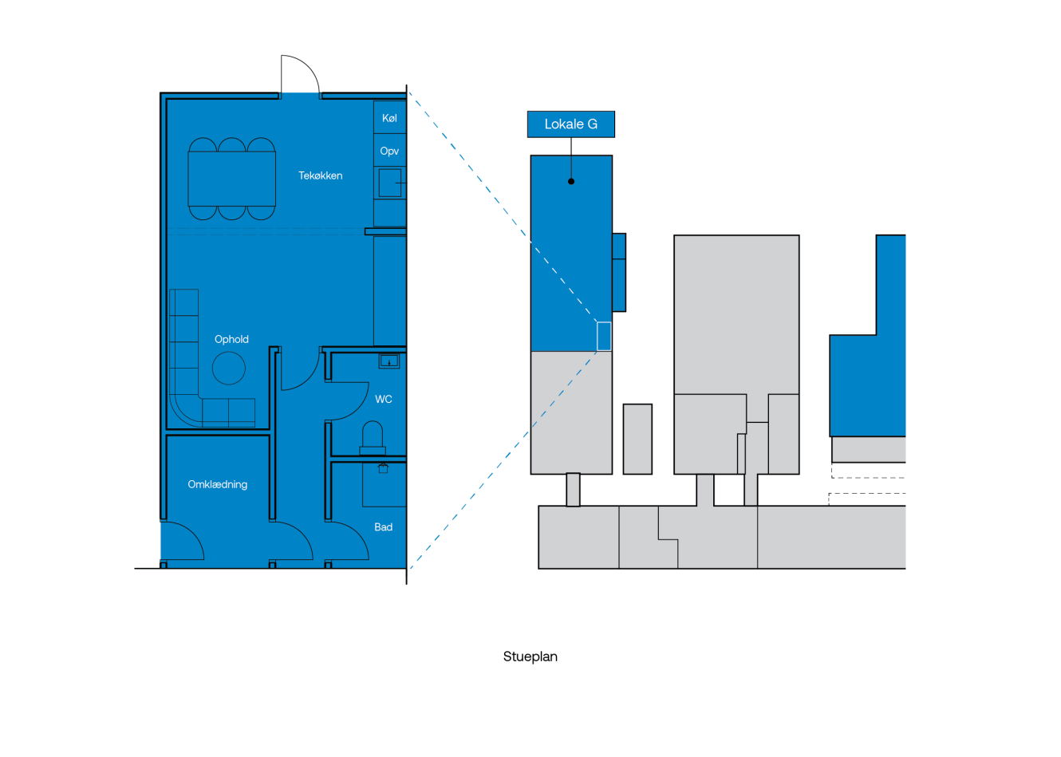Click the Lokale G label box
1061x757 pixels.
tap(570, 124)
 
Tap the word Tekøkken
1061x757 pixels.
tap(320, 175)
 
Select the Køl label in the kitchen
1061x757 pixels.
tap(389, 118)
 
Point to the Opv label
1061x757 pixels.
tap(389, 151)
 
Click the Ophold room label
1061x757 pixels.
tap(231, 339)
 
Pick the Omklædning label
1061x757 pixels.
tap(217, 484)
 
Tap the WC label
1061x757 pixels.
tap(384, 399)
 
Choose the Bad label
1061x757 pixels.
tap(384, 526)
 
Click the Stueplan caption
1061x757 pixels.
tap(530, 656)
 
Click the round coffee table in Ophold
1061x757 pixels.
tap(229, 369)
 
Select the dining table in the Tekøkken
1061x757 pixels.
tap(232, 179)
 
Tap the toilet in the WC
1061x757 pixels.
tap(373, 438)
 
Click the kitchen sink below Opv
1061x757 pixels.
tap(389, 183)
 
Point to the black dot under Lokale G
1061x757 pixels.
tap(571, 182)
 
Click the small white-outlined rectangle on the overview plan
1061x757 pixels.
tap(604, 336)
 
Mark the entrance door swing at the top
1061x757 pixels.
tap(300, 76)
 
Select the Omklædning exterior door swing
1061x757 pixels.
tap(183, 542)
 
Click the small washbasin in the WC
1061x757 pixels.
tap(389, 361)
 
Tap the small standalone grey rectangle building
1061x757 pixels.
tap(637, 439)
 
